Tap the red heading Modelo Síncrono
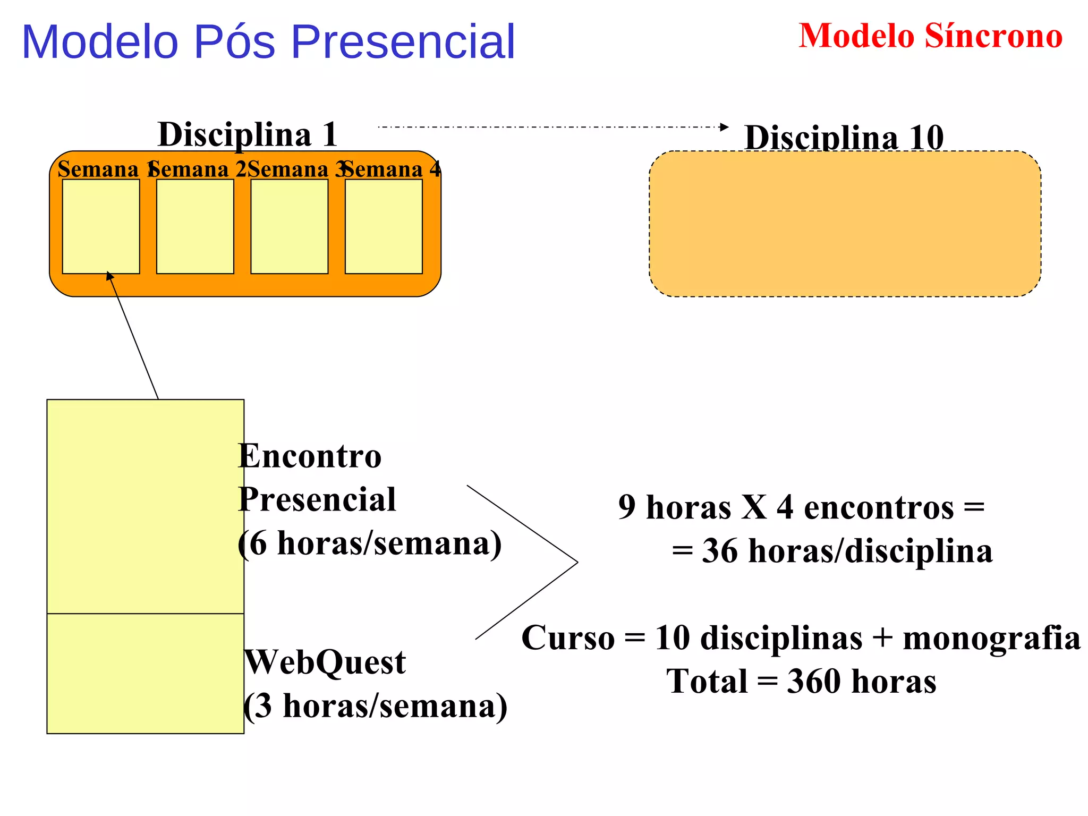(x=930, y=36)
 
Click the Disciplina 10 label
(x=844, y=138)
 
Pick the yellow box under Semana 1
(x=101, y=226)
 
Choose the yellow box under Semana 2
(x=195, y=226)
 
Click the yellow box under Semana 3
(x=289, y=226)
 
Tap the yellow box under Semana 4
(x=384, y=226)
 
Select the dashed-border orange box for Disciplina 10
(x=845, y=224)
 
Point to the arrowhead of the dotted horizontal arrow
(x=725, y=127)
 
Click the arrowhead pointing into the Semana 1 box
(x=109, y=275)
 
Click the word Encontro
(x=310, y=456)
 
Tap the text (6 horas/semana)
(x=370, y=543)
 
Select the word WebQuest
(x=325, y=662)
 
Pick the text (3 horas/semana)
(x=375, y=706)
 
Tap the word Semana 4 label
(x=392, y=169)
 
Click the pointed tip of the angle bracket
(x=577, y=562)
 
